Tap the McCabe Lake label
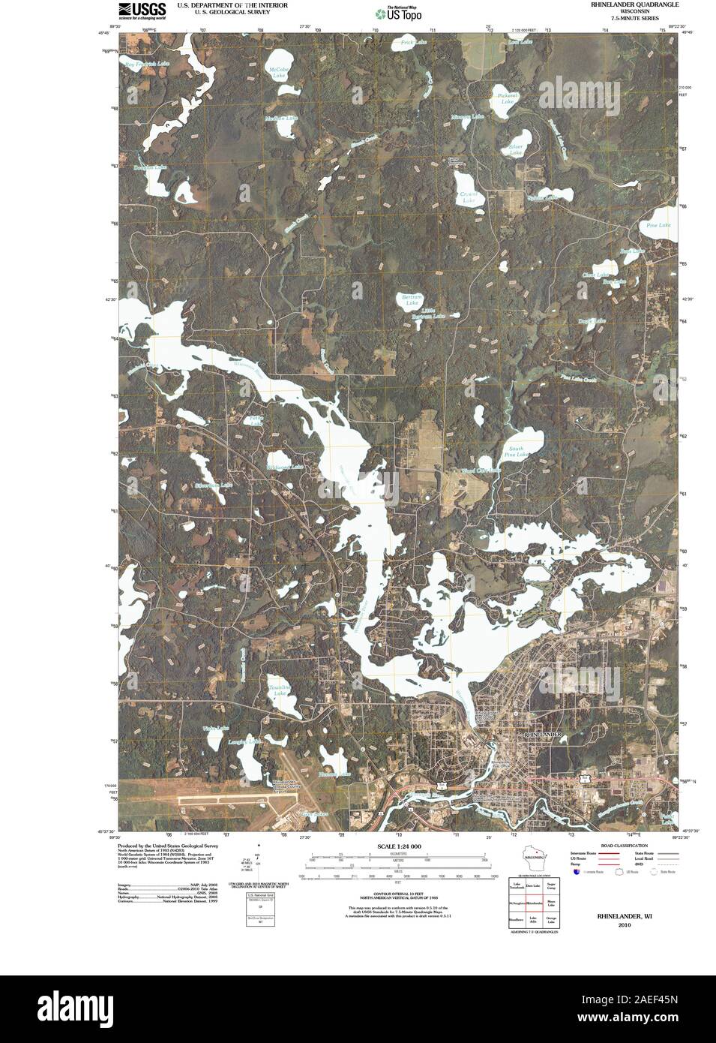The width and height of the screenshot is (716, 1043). [278, 73]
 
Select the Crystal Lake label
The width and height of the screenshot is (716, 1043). [469, 197]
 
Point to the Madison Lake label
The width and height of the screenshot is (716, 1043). [281, 119]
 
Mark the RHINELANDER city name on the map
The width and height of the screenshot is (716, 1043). [541, 734]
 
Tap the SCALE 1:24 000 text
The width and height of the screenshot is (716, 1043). [399, 846]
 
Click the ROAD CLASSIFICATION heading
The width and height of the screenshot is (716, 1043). [619, 846]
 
